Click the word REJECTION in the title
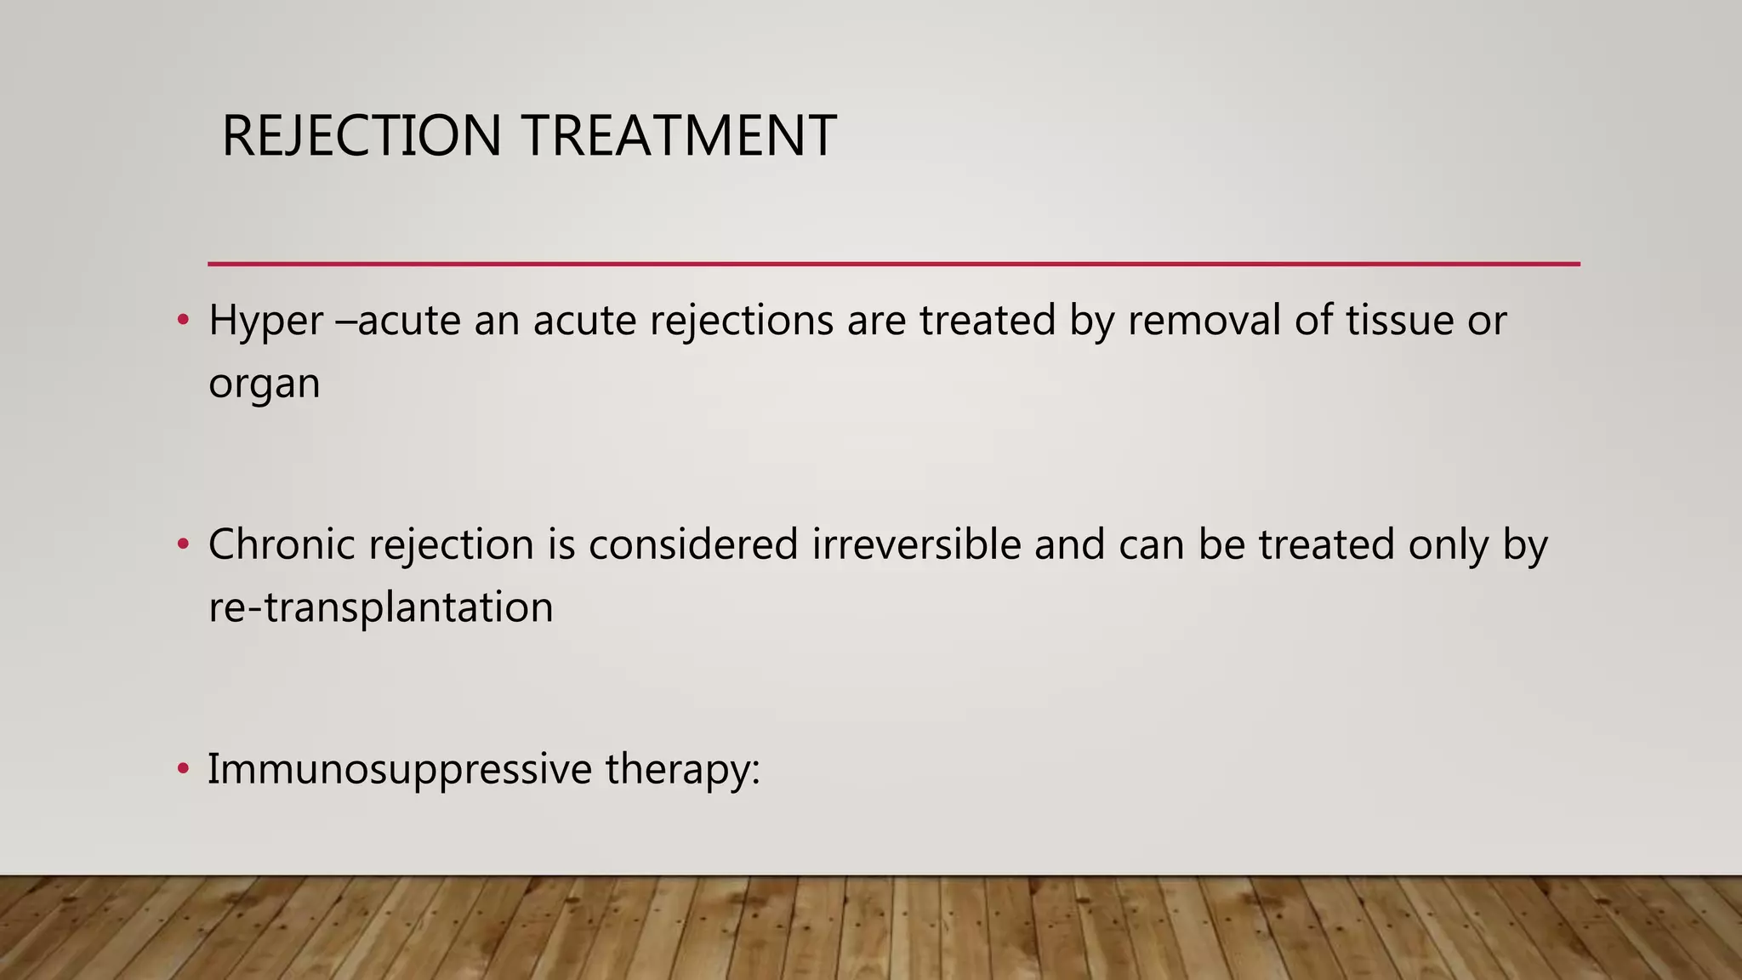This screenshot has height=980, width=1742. (x=361, y=136)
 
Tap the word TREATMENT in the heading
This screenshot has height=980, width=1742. (x=679, y=136)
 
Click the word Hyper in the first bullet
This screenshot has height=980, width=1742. (x=265, y=322)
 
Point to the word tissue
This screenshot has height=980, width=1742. (x=1399, y=320)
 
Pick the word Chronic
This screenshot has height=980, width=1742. (x=282, y=544)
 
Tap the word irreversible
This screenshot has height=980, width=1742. (x=916, y=544)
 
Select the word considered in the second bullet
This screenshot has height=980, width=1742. (x=692, y=544)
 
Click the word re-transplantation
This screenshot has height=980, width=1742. (x=380, y=607)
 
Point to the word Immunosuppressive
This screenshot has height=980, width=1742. (x=400, y=770)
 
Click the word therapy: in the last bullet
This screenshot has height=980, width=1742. (x=682, y=770)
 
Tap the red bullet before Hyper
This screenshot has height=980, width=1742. (x=182, y=322)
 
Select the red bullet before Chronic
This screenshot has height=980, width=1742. (x=182, y=545)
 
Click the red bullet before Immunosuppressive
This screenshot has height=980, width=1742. (x=182, y=770)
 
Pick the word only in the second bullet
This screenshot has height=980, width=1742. (x=1448, y=545)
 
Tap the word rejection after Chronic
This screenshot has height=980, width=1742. (x=451, y=545)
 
